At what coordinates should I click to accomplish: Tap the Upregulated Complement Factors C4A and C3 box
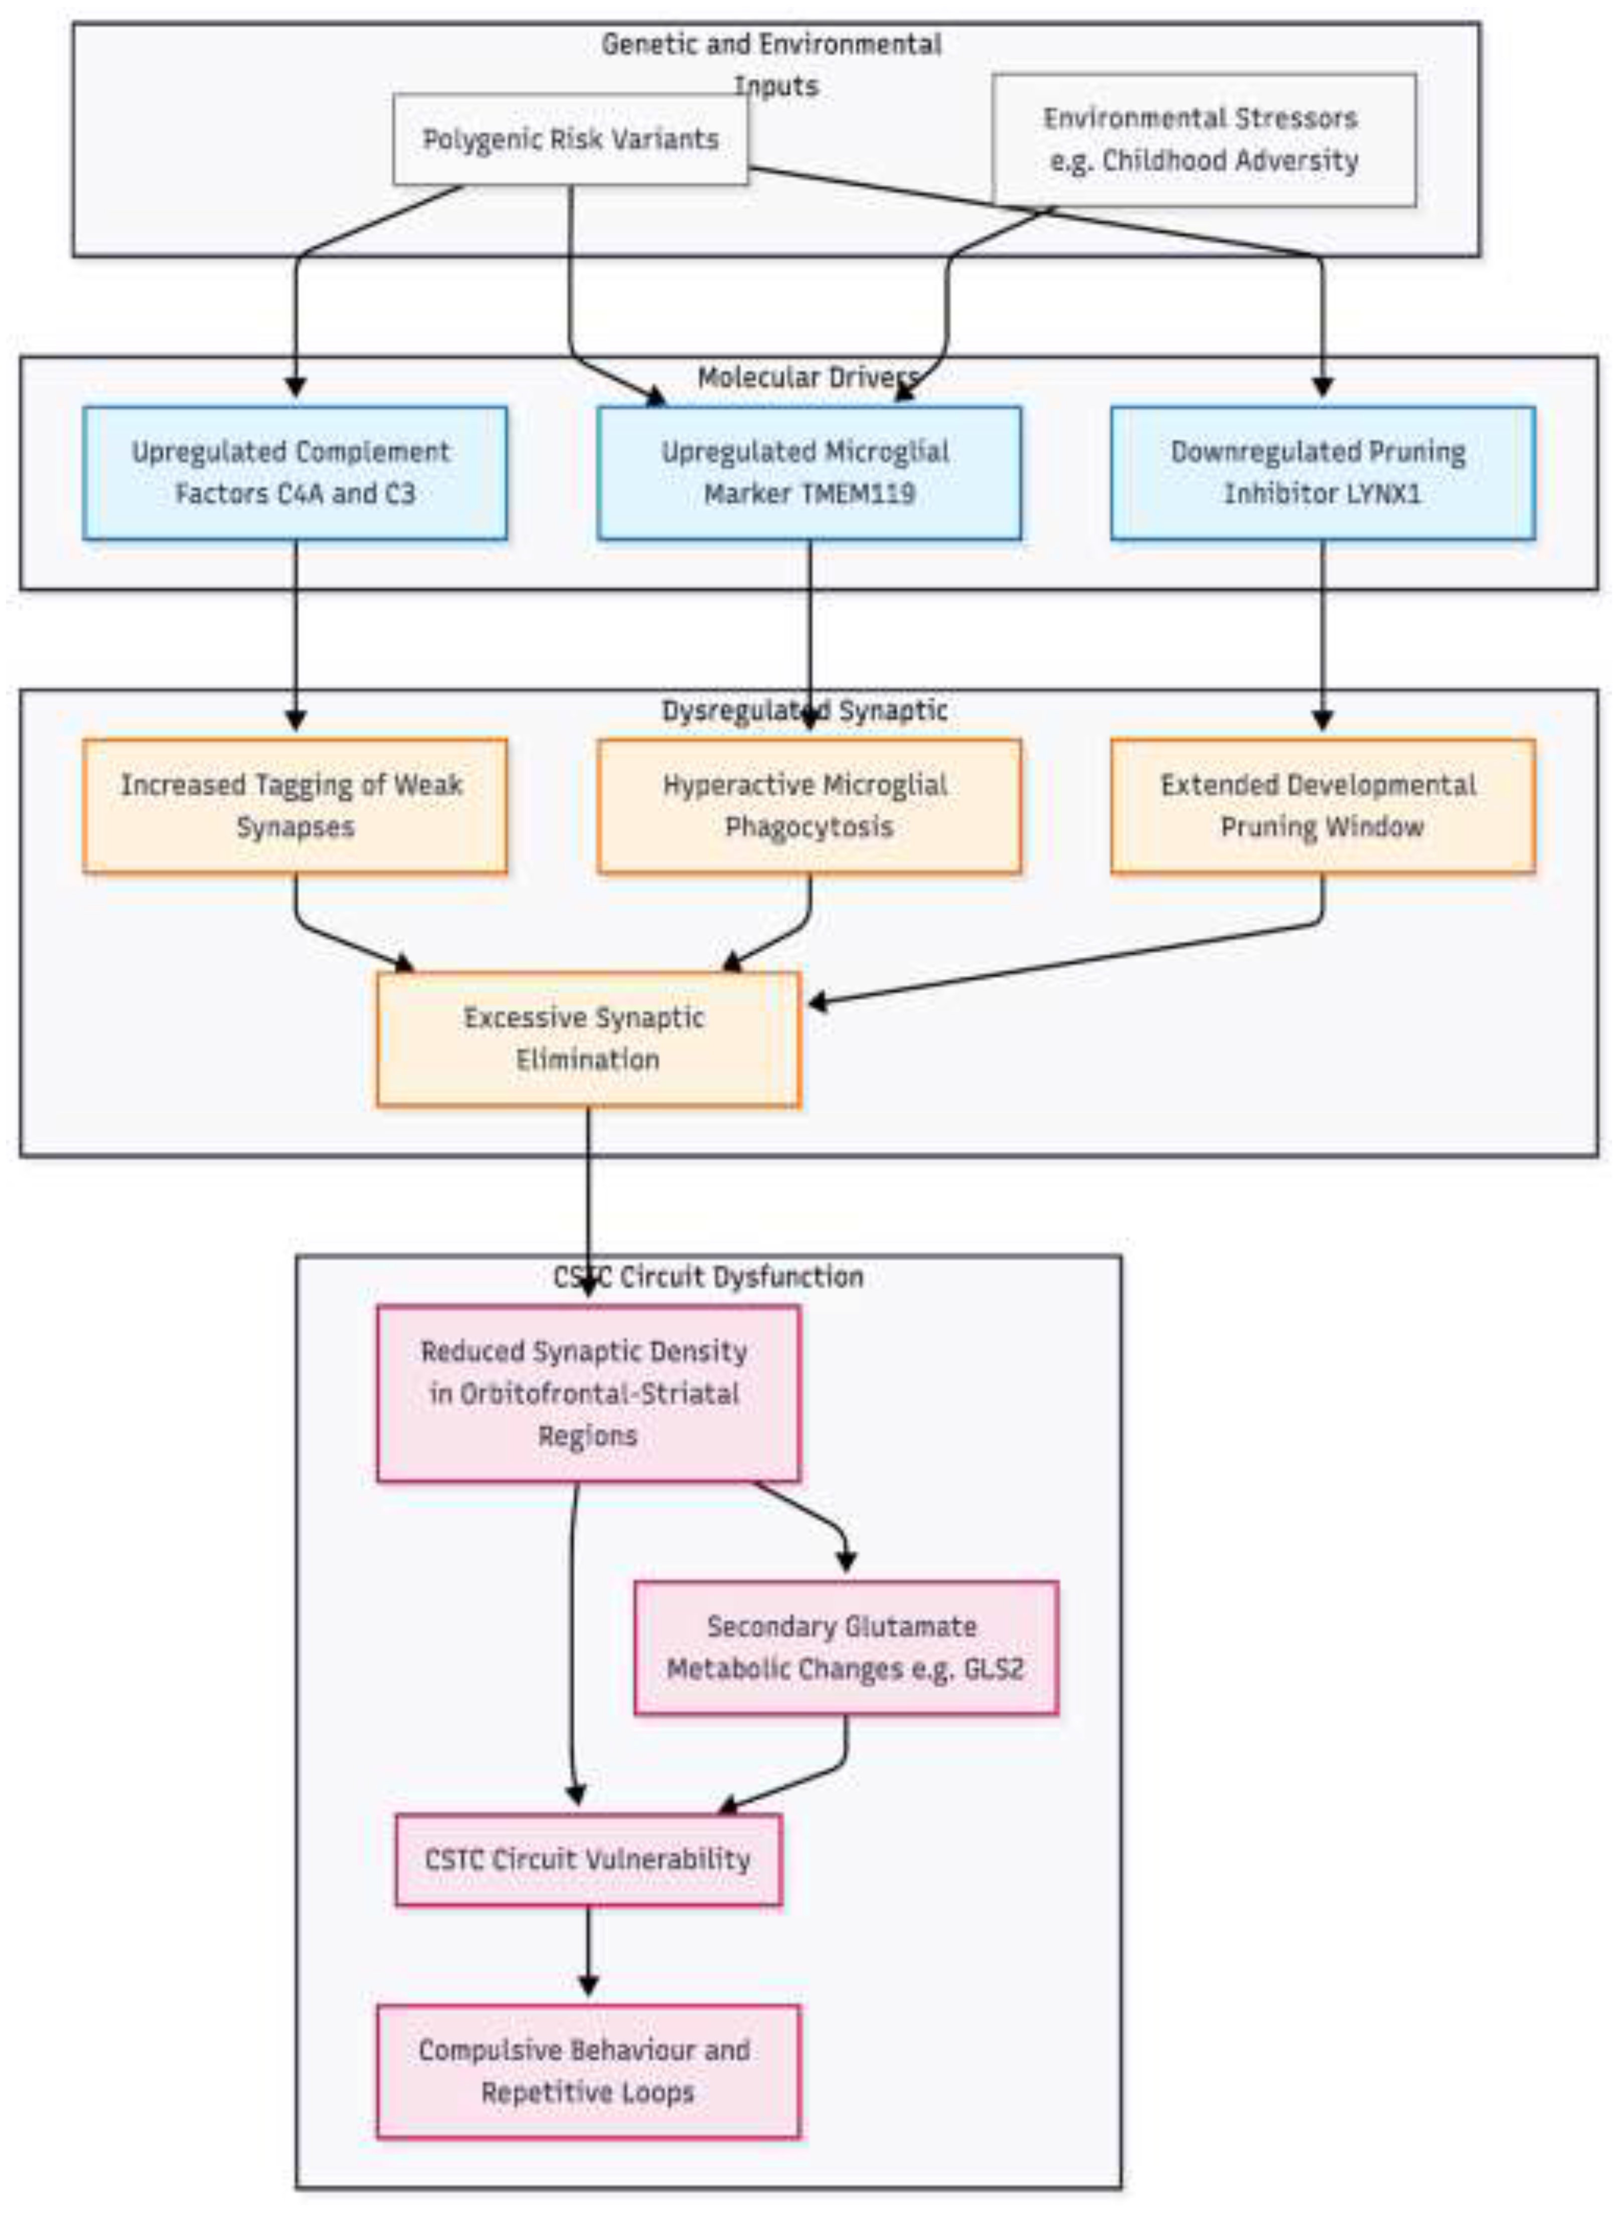(x=294, y=473)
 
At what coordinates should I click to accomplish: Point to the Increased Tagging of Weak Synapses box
(x=294, y=805)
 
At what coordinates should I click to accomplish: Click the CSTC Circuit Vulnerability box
(x=587, y=1858)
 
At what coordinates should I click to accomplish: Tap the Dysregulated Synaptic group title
(x=804, y=711)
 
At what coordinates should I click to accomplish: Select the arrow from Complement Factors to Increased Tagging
(x=295, y=636)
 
